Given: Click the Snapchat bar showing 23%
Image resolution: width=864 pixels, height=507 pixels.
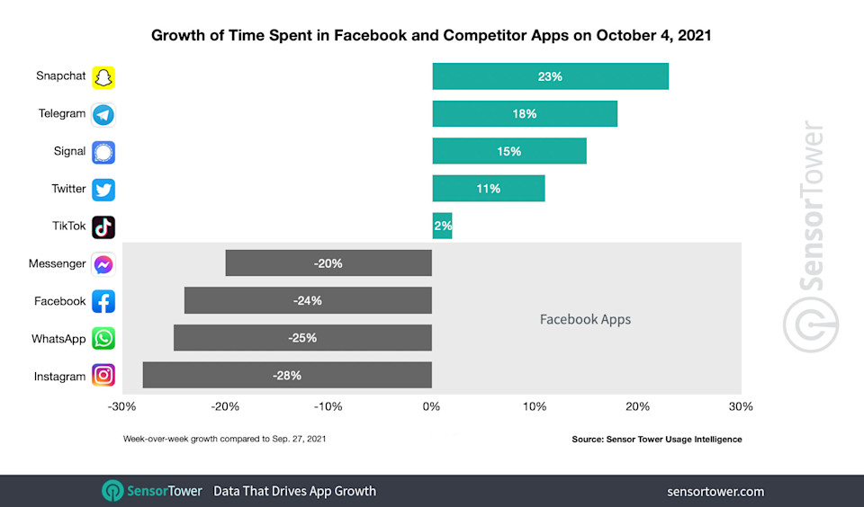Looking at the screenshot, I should tap(550, 76).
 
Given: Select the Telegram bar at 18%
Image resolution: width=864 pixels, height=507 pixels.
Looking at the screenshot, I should tap(525, 114).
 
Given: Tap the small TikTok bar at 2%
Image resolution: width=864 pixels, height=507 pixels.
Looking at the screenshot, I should tap(442, 227).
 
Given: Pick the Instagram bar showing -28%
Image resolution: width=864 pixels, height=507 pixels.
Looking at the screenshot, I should tap(287, 375).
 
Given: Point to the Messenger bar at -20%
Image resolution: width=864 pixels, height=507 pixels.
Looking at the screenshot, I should tap(328, 263).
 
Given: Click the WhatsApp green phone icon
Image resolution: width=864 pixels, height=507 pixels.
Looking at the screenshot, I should tap(103, 338).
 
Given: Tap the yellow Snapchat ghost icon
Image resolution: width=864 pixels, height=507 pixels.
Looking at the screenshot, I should tap(103, 77).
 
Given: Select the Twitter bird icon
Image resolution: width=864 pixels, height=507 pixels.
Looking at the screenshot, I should tap(103, 190).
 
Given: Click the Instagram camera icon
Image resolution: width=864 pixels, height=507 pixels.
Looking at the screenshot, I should tap(103, 376).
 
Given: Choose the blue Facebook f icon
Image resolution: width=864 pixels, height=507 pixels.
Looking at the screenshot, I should tap(103, 301).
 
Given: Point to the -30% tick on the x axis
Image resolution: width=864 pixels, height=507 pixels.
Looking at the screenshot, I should tap(121, 407).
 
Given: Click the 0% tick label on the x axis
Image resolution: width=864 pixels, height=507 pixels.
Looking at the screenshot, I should tap(432, 407).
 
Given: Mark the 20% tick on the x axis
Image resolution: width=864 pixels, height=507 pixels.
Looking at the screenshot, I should tap(638, 407).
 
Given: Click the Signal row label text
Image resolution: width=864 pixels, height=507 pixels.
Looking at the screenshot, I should tap(69, 151).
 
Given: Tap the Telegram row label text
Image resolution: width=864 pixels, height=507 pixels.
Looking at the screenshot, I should tap(62, 114).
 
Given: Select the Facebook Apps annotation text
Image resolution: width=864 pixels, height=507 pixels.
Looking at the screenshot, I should tap(585, 319).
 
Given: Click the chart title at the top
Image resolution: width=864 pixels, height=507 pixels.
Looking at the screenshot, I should tap(432, 36).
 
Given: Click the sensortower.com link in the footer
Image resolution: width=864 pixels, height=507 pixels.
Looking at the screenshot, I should tap(715, 491).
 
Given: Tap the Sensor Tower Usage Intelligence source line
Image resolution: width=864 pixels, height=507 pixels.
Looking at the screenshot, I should tap(656, 440).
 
